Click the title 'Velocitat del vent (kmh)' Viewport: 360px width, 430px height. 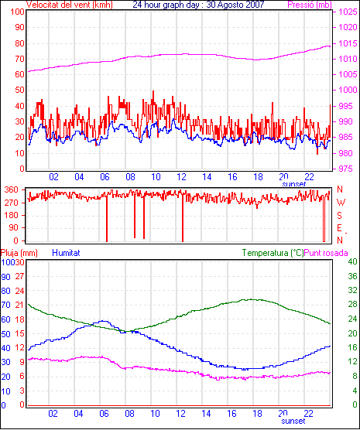pyautogui.click(x=70, y=5)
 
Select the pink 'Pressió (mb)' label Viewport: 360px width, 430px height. pyautogui.click(x=310, y=5)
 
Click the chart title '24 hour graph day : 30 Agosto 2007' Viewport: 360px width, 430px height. pyautogui.click(x=198, y=5)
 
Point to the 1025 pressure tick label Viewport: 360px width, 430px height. pyautogui.click(x=348, y=12)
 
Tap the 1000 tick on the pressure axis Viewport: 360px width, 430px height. pyautogui.click(x=348, y=90)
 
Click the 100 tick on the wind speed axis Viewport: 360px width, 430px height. pyautogui.click(x=17, y=12)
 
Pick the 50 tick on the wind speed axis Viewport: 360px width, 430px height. pyautogui.click(x=20, y=90)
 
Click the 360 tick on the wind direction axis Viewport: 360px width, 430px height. pyautogui.click(x=12, y=189)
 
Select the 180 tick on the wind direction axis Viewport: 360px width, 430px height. pyautogui.click(x=12, y=215)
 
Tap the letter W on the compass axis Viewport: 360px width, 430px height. pyautogui.click(x=341, y=203)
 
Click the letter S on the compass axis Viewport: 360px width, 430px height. pyautogui.click(x=340, y=216)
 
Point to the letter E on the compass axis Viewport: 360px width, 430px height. pyautogui.click(x=340, y=228)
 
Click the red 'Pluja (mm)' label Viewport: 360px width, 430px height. pyautogui.click(x=19, y=253)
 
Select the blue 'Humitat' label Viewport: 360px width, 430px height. pyautogui.click(x=66, y=253)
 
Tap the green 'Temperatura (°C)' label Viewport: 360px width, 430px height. pyautogui.click(x=273, y=253)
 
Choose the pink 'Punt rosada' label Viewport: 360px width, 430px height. pyautogui.click(x=326, y=253)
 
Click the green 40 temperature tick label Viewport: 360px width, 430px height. pyautogui.click(x=352, y=261)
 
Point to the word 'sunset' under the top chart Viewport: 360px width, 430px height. pyautogui.click(x=294, y=184)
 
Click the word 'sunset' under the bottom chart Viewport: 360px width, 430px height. pyautogui.click(x=293, y=421)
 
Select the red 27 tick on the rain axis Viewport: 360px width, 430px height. pyautogui.click(x=20, y=276)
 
